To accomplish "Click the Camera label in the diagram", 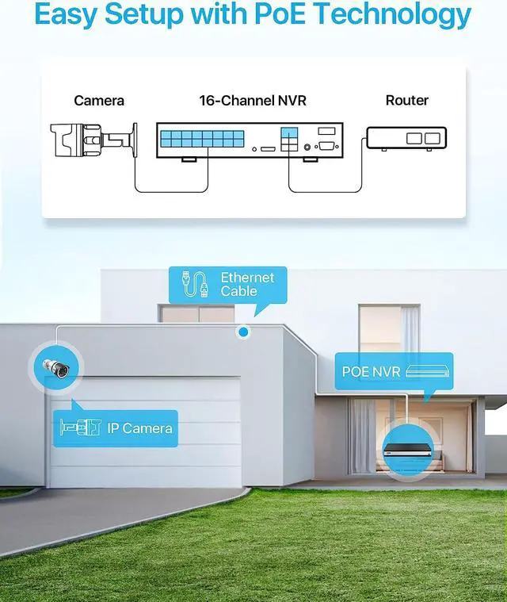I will click(99, 101).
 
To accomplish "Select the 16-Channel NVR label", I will click(252, 101).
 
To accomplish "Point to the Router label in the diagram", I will click(406, 101).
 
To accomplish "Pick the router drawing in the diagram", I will click(406, 139).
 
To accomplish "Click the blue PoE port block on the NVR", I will click(197, 140).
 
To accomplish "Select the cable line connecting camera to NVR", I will click(170, 190).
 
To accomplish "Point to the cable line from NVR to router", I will click(325, 190).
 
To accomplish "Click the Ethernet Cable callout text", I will click(247, 284).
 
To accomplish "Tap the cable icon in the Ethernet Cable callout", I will click(195, 285).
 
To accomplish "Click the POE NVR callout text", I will click(371, 371).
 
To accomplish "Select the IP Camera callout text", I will click(139, 428).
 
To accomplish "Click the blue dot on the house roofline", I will click(244, 332).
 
